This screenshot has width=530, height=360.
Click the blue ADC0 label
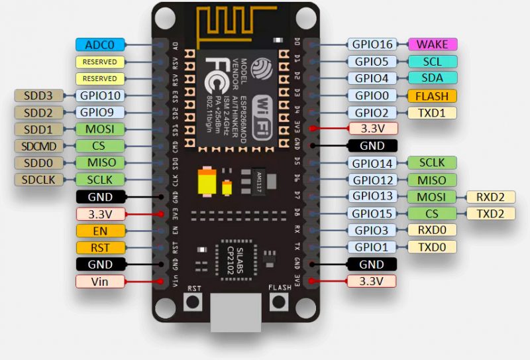coord(100,44)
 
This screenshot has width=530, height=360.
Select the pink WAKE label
coord(431,44)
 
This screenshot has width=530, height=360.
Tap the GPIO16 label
coord(372,44)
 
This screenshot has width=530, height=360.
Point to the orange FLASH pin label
coord(431,95)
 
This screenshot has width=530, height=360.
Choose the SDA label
coord(431,78)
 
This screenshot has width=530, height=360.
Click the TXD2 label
coord(491,213)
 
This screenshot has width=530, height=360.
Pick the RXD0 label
coord(431,230)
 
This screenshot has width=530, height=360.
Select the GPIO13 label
coord(372,196)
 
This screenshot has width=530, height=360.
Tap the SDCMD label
coord(38,146)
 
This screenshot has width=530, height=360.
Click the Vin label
coord(100,281)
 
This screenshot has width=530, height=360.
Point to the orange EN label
coord(100,231)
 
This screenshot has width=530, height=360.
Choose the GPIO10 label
coord(100,95)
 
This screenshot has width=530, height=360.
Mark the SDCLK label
coord(38,180)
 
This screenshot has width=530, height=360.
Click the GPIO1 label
coord(372,247)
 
